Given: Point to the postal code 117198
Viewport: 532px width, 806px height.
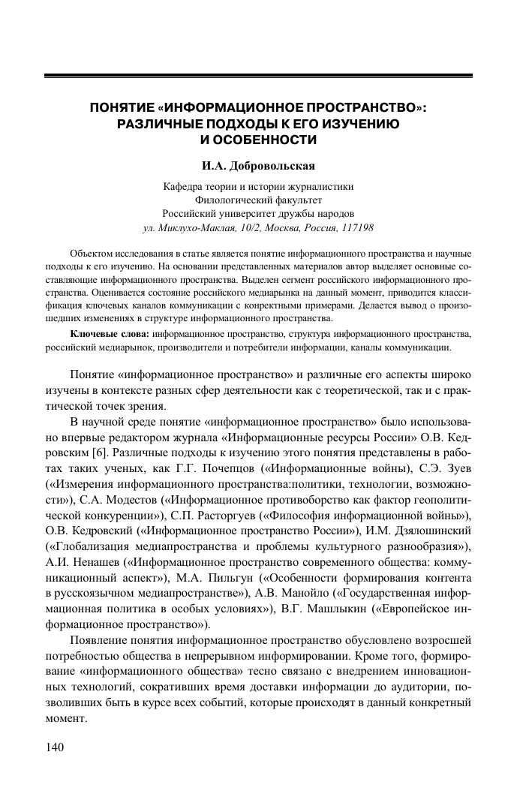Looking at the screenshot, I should [356, 227].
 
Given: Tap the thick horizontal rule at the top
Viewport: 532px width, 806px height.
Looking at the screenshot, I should [258, 75].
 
